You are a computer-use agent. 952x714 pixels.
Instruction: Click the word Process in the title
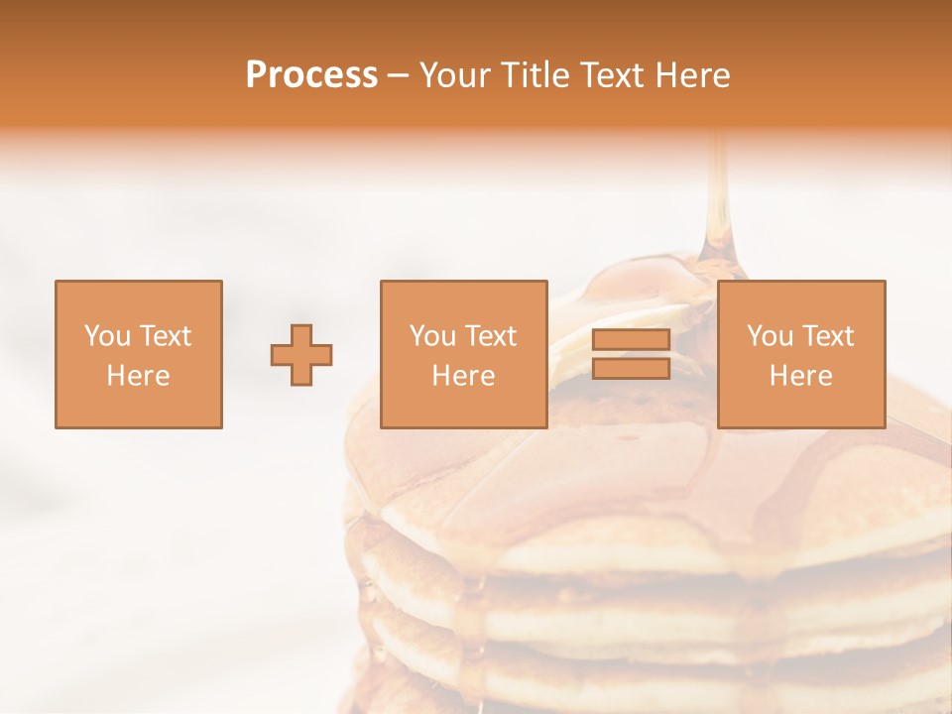311,75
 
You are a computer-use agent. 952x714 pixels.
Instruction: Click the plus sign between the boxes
301,355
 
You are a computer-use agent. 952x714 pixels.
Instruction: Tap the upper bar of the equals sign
631,340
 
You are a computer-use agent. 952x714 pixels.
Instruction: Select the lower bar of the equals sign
631,368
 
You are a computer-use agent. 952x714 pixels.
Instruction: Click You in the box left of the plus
106,336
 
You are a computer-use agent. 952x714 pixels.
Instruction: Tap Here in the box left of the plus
138,376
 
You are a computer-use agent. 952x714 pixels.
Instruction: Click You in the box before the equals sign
431,336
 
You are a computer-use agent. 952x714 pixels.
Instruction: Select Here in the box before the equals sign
463,376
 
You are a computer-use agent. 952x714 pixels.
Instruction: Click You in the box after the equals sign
769,336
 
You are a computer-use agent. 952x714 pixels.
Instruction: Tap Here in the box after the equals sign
800,376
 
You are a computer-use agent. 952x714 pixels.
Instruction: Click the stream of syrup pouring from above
719,198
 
